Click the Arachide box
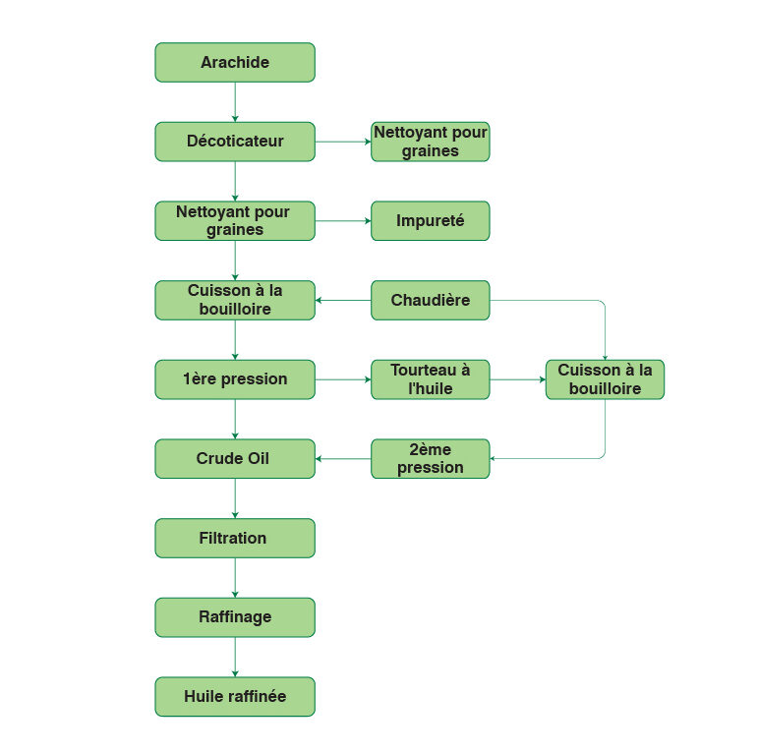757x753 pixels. (235, 62)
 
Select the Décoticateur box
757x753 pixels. (235, 142)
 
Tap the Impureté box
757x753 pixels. (430, 221)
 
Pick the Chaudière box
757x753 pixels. (430, 300)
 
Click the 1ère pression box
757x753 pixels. (235, 379)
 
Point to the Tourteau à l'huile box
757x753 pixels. (430, 379)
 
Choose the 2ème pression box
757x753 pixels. (430, 459)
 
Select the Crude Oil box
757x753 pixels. (235, 459)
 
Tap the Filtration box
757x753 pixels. (235, 538)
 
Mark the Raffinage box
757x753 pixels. (235, 617)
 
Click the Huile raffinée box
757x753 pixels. (235, 696)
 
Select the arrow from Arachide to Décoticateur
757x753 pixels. (235, 102)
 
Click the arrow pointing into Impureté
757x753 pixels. (343, 221)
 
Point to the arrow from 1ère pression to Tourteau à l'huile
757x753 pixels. (343, 379)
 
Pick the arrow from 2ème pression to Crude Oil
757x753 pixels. (343, 459)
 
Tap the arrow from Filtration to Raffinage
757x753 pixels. (235, 578)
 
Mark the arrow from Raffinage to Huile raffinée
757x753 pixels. (235, 657)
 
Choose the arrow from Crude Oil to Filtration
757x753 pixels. (235, 498)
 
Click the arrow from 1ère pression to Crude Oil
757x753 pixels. (235, 419)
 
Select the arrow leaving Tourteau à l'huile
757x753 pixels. (517, 379)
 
